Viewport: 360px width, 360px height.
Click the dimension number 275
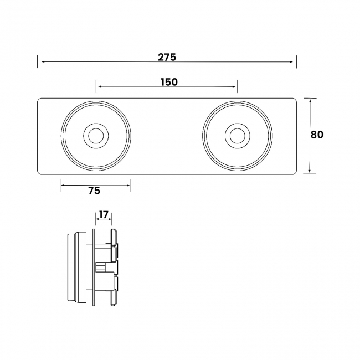click(167, 56)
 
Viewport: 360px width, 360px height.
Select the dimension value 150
click(169, 82)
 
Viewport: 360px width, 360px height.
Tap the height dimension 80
click(317, 135)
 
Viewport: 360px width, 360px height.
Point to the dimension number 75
click(94, 191)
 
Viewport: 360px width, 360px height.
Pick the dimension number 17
click(104, 214)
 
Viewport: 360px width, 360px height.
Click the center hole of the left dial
click(96, 136)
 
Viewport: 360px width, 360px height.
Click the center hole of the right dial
click(237, 136)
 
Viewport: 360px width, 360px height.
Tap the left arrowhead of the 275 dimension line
click(40, 62)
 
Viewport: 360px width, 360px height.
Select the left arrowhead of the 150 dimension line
click(99, 86)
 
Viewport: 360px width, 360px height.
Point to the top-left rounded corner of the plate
click(40, 100)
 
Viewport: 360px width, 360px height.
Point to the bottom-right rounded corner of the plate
click(294, 172)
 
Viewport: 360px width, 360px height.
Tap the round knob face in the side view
click(71, 267)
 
